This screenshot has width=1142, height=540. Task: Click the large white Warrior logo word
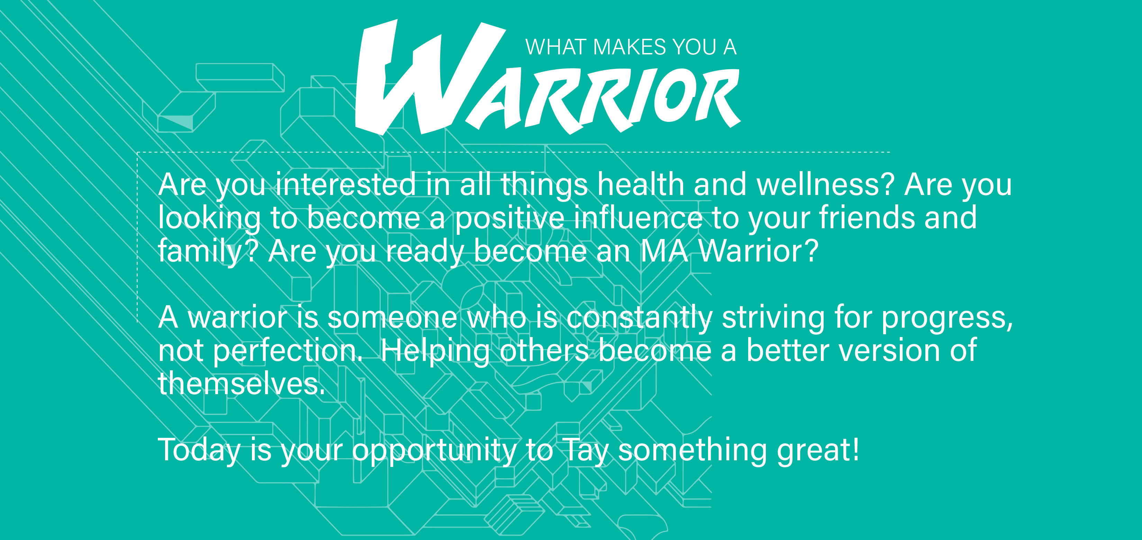pos(547,78)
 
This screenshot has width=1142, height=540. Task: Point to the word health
pos(640,184)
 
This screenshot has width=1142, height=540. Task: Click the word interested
pos(346,184)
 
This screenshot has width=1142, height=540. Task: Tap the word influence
pos(638,218)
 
